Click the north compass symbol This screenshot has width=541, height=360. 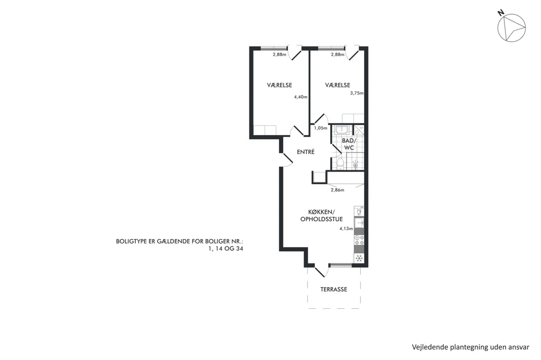pos(511,27)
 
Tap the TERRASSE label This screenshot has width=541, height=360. pos(334,289)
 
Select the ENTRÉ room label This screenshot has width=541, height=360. pos(306,151)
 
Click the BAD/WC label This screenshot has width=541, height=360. pos(348,144)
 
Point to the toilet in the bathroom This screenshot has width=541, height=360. pos(340,165)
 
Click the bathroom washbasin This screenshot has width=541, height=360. pos(342,130)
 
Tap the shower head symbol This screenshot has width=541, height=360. pos(356,165)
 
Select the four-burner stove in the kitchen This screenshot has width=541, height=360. pos(359,238)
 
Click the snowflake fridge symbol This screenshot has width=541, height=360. pos(359,258)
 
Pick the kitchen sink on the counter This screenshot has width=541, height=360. pos(359,221)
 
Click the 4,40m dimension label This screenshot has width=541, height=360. pos(301,97)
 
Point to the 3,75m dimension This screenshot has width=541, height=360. pos(357,93)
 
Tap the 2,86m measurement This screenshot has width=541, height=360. pos(338,190)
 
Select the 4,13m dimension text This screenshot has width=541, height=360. pos(346,228)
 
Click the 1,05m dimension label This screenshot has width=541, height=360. pos(321,128)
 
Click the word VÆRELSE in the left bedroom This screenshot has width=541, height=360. pos(279,85)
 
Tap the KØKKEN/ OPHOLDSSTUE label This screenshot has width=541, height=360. pos(322,215)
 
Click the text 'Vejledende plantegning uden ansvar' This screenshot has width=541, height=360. pos(471,347)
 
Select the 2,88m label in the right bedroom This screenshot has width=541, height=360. pos(338,54)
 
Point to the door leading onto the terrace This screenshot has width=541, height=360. pos(320,270)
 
